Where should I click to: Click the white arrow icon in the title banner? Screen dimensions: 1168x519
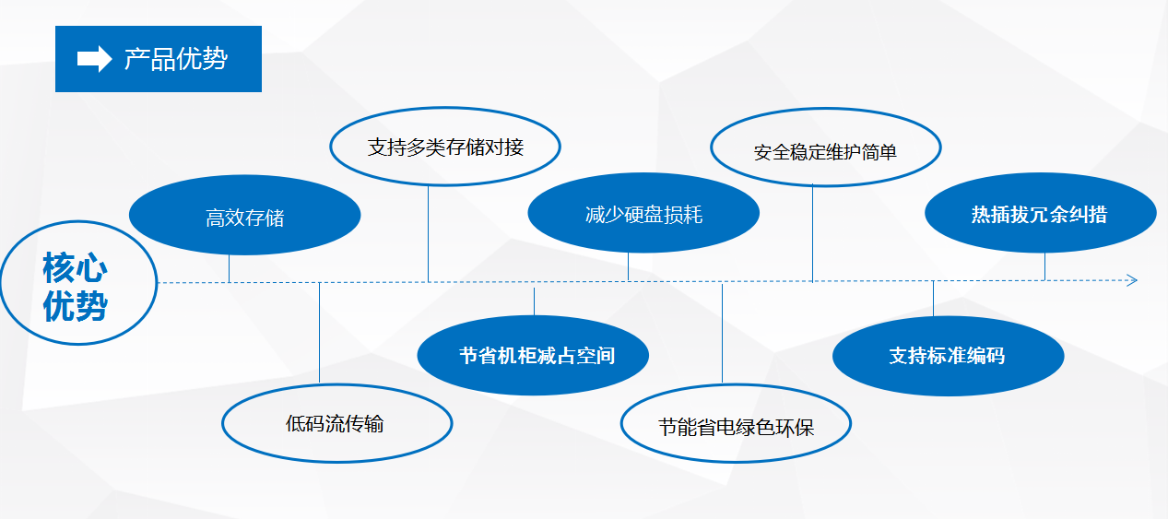[x=94, y=58]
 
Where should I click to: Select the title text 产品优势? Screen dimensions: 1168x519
[x=176, y=59]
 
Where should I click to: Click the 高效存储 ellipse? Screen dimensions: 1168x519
[x=244, y=215]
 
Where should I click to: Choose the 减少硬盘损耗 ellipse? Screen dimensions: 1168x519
[x=643, y=213]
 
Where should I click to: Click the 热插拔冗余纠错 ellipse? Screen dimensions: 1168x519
[x=1040, y=213]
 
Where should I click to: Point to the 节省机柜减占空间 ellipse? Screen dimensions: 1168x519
[x=533, y=355]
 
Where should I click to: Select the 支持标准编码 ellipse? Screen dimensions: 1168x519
[x=948, y=356]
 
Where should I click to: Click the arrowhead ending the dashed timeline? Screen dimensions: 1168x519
[x=1132, y=280]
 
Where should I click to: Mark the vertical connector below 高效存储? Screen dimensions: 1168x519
[x=229, y=268]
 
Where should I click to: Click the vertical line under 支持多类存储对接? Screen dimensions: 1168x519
[x=428, y=234]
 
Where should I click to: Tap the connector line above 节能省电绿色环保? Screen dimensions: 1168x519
[x=722, y=334]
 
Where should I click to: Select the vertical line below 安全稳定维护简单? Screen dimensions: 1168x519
[x=812, y=233]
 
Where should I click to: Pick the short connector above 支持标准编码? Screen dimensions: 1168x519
[x=933, y=299]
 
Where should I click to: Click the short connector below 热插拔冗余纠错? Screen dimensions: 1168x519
[x=1044, y=266]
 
